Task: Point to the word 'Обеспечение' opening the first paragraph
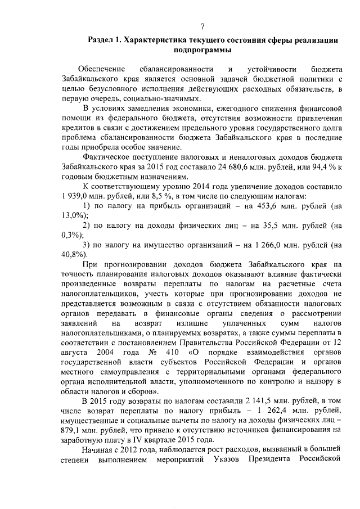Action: pos(101,70)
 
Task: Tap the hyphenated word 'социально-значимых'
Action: pos(120,98)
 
